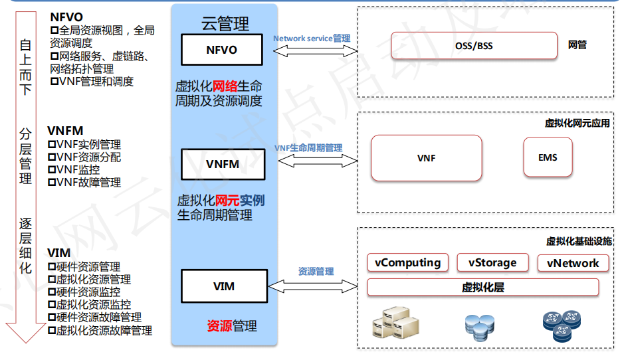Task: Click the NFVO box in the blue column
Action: click(x=222, y=50)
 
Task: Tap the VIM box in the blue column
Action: click(x=224, y=287)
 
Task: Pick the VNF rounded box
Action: click(x=426, y=158)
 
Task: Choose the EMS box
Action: click(x=548, y=157)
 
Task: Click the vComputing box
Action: click(x=407, y=262)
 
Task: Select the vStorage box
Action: click(x=492, y=262)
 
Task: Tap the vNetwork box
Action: click(x=573, y=263)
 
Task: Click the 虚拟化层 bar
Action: click(x=483, y=288)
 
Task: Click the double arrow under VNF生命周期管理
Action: click(x=318, y=161)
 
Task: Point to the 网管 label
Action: click(x=577, y=45)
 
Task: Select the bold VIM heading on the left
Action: click(x=59, y=254)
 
